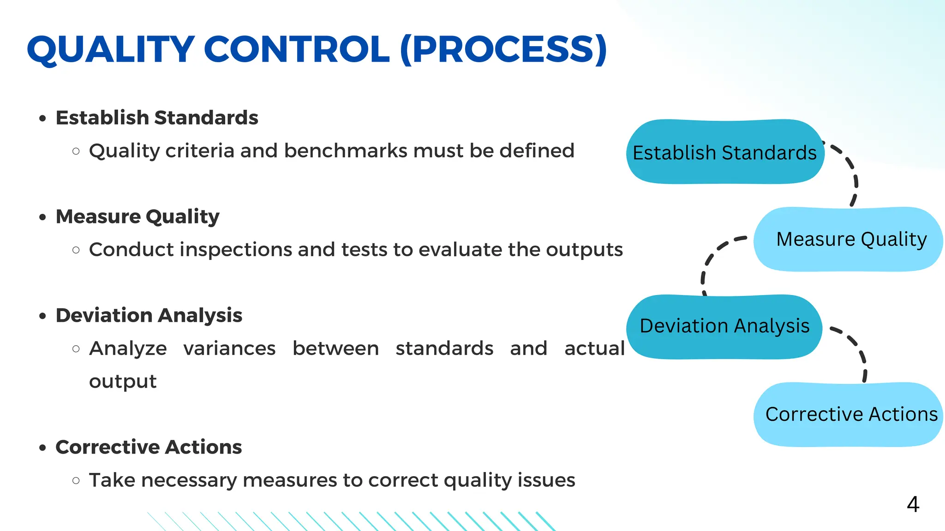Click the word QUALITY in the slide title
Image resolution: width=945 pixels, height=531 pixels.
pos(111,49)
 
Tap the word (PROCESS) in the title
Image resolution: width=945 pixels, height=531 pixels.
pos(503,49)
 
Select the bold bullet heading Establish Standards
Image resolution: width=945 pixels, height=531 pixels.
pos(157,118)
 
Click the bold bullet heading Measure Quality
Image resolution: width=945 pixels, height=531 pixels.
pos(138,216)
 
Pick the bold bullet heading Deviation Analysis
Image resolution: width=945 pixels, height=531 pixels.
pos(149,315)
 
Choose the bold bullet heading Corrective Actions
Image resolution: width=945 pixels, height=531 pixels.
pos(149,447)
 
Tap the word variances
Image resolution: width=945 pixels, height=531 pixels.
pos(229,348)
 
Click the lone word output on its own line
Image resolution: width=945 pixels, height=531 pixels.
pos(123,382)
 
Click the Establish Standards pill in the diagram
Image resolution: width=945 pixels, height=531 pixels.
pos(724,152)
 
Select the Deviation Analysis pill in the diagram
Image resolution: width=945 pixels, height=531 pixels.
pos(724,326)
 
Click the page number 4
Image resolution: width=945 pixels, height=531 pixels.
pos(913,504)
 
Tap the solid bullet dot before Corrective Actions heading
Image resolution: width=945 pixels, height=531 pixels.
pos(43,448)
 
